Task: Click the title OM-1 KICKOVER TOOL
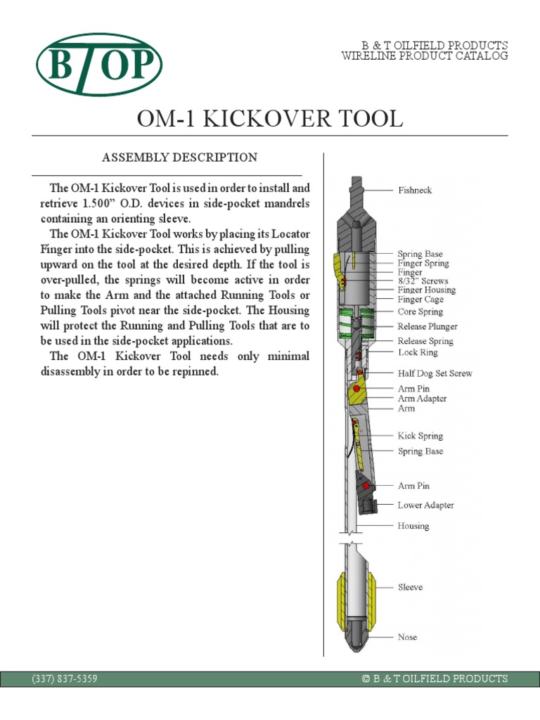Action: tap(270, 119)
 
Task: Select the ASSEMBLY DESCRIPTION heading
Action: tap(180, 157)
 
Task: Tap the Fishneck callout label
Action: tap(415, 190)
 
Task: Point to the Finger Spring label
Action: tap(423, 263)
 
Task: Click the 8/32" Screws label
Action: tap(423, 281)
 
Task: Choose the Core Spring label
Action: tap(420, 311)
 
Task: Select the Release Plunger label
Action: tap(427, 326)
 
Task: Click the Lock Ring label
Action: tap(418, 352)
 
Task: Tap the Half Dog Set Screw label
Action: tap(435, 373)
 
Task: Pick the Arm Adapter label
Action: tap(422, 399)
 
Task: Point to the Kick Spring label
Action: tap(420, 436)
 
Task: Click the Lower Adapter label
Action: tap(425, 505)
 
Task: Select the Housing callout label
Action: tap(413, 526)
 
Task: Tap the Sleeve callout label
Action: tap(411, 586)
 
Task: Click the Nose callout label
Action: tap(407, 637)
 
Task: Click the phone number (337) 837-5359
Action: tap(65, 679)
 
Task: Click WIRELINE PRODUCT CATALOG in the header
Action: tap(424, 56)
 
